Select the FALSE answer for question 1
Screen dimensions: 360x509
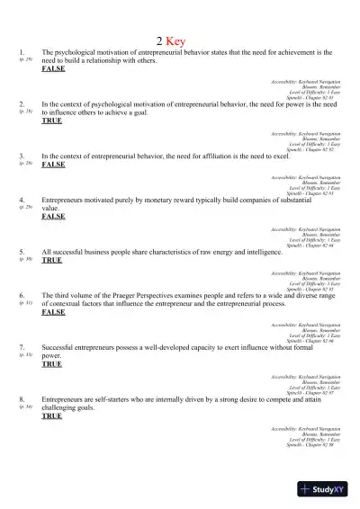[x=53, y=69]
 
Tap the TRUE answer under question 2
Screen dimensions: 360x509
[x=52, y=121]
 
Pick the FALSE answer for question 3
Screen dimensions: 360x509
[x=53, y=165]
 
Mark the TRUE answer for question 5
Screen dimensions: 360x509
[x=52, y=260]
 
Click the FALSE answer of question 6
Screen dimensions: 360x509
[x=53, y=311]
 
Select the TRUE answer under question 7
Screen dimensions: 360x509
[x=52, y=363]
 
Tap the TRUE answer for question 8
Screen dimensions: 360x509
[x=52, y=415]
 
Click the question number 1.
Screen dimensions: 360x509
[x=21, y=52]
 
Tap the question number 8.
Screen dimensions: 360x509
[x=21, y=398]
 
